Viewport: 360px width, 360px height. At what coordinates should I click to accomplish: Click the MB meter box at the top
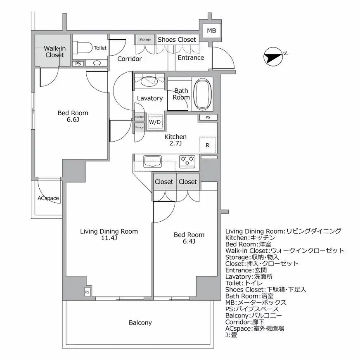[211, 31]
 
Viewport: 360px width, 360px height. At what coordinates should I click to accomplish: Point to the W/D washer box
[155, 122]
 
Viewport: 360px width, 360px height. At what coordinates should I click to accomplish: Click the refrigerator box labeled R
[208, 145]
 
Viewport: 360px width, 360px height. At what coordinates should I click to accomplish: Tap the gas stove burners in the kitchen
[187, 161]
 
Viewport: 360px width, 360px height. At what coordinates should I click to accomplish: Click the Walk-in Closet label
[54, 52]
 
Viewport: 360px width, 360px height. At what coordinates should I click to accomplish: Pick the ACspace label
[48, 198]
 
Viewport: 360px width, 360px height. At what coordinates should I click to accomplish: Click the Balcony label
[140, 323]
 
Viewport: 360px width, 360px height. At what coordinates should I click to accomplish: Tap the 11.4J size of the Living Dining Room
[109, 238]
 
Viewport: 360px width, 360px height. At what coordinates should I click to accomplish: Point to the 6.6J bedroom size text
[73, 120]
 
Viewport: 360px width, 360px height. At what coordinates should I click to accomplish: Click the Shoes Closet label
[177, 40]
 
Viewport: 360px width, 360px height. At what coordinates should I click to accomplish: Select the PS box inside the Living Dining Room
[87, 292]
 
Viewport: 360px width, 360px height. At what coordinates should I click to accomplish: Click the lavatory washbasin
[149, 81]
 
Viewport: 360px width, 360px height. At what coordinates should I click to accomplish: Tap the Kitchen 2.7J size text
[176, 144]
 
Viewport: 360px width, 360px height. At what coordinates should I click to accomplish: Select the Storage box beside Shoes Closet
[144, 40]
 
